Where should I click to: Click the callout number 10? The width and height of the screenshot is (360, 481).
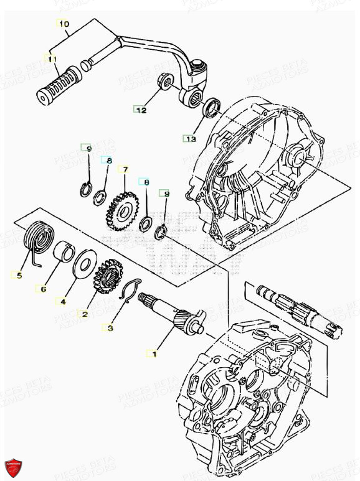point(64,24)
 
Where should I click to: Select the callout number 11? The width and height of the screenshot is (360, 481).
point(52,59)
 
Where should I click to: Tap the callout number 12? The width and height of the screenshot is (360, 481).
point(141,110)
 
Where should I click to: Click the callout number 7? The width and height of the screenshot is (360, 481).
point(125,169)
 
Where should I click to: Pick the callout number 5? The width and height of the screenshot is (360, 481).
point(19,275)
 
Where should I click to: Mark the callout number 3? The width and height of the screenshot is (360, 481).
point(110,327)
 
